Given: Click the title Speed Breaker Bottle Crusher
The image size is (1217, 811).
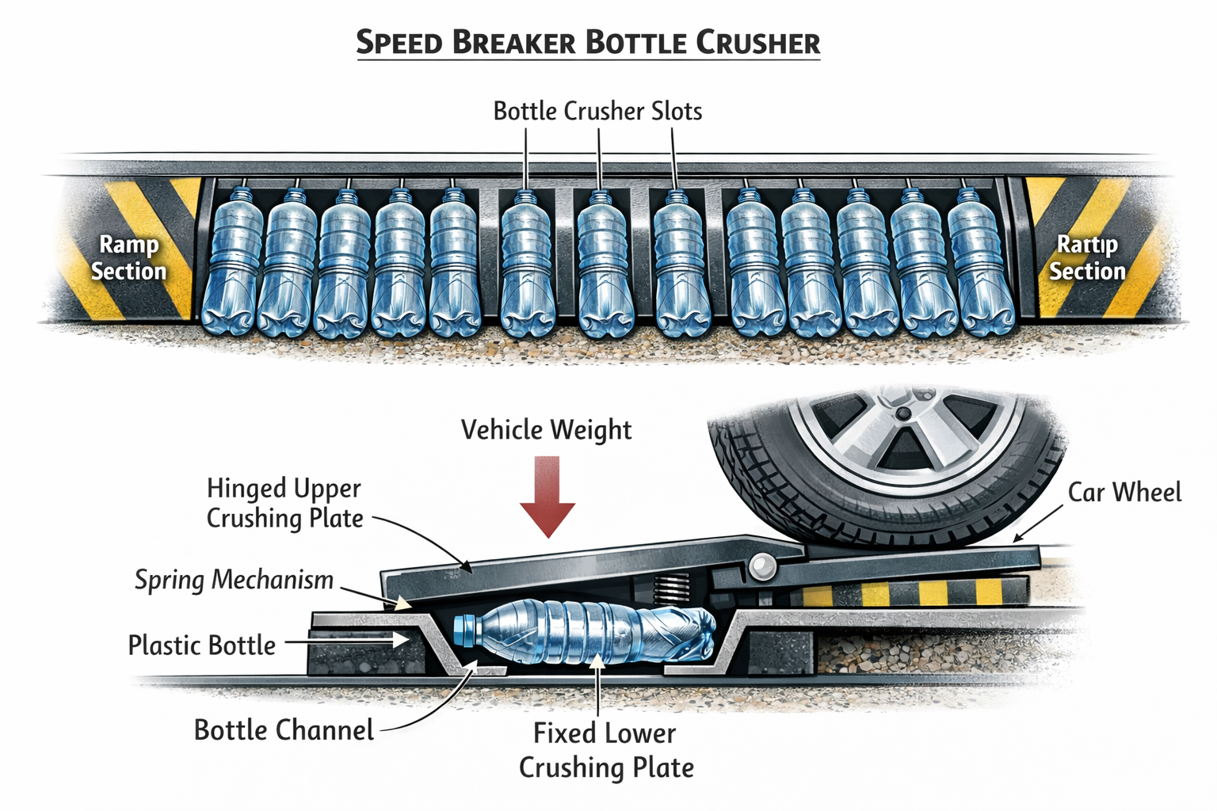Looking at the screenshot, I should coord(588,42).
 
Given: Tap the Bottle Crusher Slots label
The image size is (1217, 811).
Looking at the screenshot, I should coord(597,111).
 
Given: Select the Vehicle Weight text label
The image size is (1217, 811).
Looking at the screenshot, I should coord(546,430).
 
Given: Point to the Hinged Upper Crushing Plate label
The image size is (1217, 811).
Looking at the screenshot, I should coord(284,503).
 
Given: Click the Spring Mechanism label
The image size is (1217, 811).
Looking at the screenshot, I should coord(234,580).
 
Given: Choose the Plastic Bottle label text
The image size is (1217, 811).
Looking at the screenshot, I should coord(201,645).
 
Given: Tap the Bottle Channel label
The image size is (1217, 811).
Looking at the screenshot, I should coord(284,729).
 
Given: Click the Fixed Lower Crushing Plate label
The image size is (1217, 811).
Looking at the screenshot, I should coord(606,750).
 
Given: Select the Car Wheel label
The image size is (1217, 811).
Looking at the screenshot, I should coord(1124,492).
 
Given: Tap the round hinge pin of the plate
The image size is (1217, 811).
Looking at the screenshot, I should coord(763,565).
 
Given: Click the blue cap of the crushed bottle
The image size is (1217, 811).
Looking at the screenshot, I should coord(464,628).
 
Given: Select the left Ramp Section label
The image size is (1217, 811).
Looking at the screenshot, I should coord(128,257).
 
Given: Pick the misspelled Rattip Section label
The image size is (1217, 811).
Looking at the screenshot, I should coord(1087,257).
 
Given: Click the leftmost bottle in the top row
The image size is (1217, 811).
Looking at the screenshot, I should coord(231,261).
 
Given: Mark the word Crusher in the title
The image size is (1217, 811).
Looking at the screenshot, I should coord(757,42).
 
